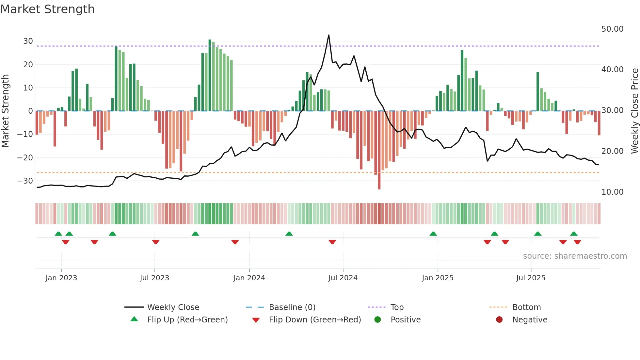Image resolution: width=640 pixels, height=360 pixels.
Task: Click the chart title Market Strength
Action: click(x=47, y=9)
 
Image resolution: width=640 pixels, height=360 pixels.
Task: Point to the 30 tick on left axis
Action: click(x=28, y=41)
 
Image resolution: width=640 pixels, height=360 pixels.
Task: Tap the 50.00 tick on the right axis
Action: click(x=612, y=29)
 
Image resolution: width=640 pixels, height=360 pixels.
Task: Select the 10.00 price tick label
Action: click(x=612, y=192)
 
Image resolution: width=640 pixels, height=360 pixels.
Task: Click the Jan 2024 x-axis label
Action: click(x=249, y=278)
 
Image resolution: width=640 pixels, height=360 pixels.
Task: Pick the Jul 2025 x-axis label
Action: click(x=531, y=278)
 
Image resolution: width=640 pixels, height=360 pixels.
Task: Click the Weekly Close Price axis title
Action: click(x=634, y=111)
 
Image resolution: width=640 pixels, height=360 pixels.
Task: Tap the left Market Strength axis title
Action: click(x=5, y=111)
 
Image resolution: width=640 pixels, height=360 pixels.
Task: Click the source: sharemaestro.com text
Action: click(x=575, y=256)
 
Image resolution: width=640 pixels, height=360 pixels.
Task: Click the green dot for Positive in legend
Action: click(x=378, y=320)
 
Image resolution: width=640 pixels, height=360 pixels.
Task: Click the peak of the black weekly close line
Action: click(x=328, y=35)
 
